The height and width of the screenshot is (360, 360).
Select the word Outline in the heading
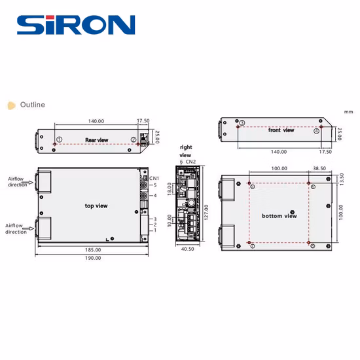[32, 105]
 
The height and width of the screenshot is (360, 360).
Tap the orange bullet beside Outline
[10, 105]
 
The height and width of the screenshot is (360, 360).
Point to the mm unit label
[348, 111]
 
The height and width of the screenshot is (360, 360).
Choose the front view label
[281, 130]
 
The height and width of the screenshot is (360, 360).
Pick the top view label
[96, 206]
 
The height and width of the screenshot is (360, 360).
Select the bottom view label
[279, 215]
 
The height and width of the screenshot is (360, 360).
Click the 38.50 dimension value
[319, 168]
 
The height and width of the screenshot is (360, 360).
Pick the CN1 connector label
[154, 178]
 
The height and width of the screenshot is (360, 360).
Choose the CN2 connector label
[191, 161]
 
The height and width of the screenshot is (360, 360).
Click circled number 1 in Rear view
[60, 139]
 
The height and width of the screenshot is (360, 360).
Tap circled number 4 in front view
[317, 131]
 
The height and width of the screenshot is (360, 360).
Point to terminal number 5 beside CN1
[155, 185]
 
